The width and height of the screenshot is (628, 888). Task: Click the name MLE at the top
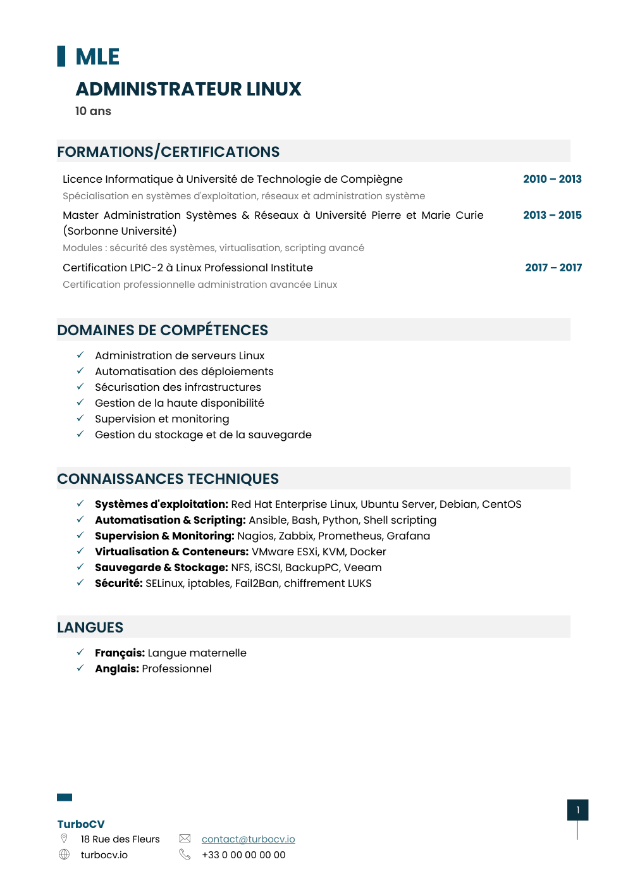click(x=97, y=57)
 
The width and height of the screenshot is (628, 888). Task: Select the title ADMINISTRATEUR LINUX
click(x=188, y=89)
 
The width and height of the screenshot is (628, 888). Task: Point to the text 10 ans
click(x=93, y=111)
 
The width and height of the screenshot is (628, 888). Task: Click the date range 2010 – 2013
click(x=552, y=179)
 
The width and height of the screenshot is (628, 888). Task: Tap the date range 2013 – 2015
click(x=552, y=215)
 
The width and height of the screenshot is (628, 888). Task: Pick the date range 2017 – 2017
click(x=553, y=268)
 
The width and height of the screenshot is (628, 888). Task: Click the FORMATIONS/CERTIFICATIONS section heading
click(x=168, y=152)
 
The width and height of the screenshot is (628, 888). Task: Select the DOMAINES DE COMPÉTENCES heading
click(x=163, y=330)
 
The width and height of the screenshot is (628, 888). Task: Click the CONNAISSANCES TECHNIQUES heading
click(x=168, y=479)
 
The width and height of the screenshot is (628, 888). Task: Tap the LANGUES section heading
click(x=90, y=627)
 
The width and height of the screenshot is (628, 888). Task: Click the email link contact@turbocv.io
click(x=248, y=839)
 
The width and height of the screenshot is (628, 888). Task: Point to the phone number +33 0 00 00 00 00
click(x=243, y=855)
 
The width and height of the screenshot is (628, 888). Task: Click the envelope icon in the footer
click(x=185, y=839)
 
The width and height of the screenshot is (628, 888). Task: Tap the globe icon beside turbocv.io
click(x=64, y=854)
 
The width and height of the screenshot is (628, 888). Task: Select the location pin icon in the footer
click(x=64, y=839)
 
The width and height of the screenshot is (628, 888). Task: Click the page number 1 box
click(x=577, y=810)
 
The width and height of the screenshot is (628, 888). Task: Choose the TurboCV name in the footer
click(x=81, y=824)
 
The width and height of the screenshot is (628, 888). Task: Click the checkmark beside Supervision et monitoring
click(x=80, y=418)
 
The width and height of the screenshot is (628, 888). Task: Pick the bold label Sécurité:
click(x=119, y=583)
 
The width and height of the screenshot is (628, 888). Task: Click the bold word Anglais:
click(x=117, y=669)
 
